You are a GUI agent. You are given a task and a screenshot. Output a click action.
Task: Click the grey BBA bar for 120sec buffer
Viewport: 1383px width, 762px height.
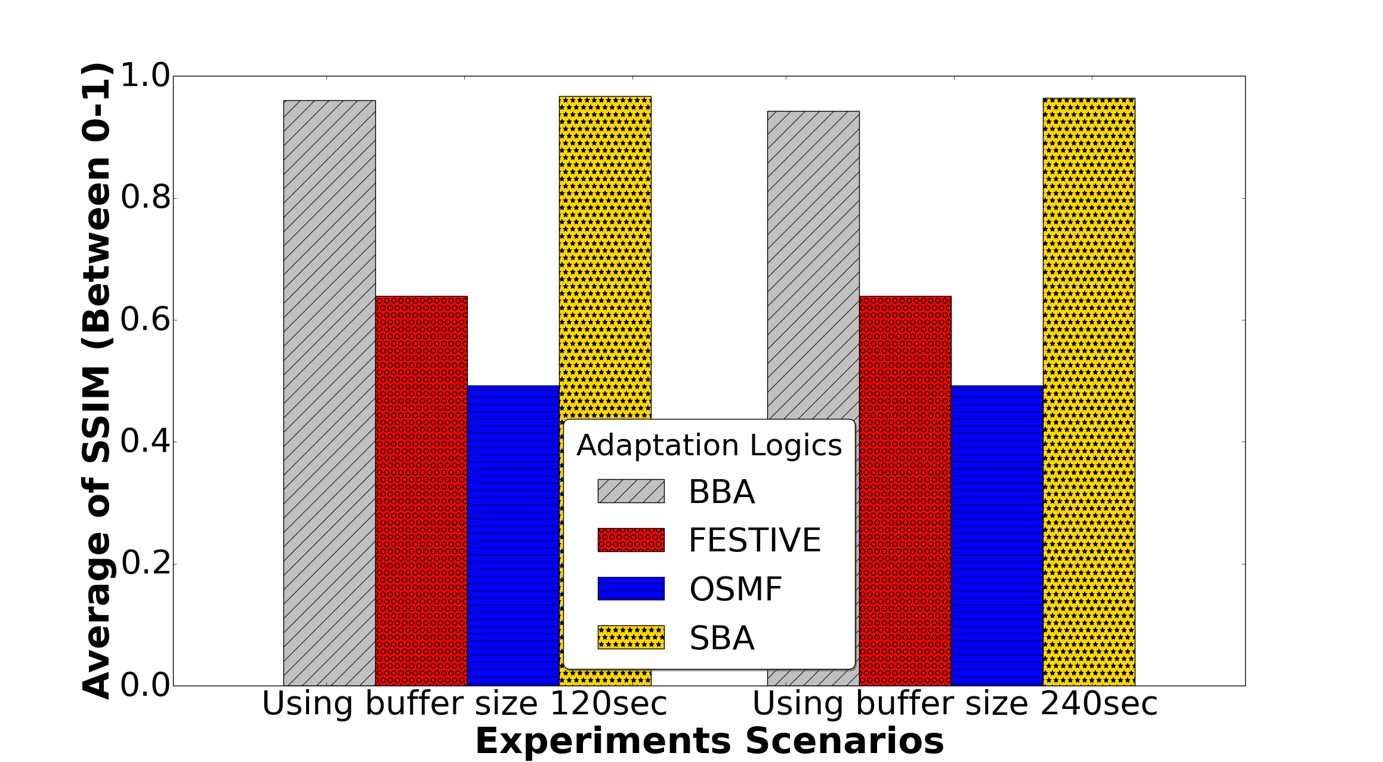pos(329,393)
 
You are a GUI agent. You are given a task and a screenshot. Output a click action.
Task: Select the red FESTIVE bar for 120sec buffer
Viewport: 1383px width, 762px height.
pos(421,490)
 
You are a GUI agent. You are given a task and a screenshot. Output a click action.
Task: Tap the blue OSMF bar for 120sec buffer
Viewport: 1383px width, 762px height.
pos(513,535)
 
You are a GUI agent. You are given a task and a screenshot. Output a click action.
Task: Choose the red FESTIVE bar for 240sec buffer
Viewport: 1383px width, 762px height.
pos(905,490)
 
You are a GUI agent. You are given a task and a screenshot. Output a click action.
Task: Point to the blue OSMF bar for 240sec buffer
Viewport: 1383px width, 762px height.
pos(997,535)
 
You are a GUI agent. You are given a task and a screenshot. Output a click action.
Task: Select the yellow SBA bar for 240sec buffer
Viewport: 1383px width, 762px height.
pos(1089,391)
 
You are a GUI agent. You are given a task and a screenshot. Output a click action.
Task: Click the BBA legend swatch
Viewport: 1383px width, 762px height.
pos(631,491)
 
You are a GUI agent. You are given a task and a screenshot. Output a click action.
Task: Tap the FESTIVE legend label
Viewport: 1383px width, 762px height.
pos(755,540)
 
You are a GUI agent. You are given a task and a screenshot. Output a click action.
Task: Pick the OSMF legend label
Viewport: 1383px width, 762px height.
pos(736,589)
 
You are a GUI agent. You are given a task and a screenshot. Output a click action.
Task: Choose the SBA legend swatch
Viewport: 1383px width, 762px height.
pos(631,637)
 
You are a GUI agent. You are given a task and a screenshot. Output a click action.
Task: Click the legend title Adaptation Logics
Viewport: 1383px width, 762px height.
pos(709,445)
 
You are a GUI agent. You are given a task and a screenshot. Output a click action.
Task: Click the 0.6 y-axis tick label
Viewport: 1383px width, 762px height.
pos(146,320)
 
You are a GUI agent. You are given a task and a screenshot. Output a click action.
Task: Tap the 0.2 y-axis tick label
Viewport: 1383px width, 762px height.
pos(146,564)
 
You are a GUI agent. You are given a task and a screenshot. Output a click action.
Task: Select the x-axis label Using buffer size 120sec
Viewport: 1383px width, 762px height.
pos(464,704)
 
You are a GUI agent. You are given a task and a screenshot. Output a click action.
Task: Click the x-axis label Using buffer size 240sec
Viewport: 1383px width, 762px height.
pos(955,704)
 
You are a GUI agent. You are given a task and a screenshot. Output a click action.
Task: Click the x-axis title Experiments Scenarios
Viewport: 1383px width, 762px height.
pos(709,741)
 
